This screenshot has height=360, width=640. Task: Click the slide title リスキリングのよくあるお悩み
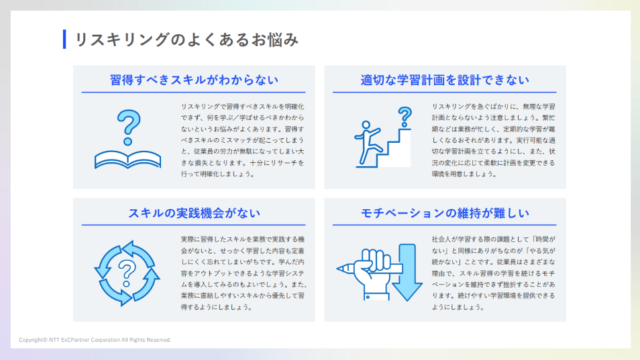click(186, 40)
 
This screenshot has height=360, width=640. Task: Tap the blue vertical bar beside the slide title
click(64, 40)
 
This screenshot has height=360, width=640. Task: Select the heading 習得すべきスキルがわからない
click(194, 80)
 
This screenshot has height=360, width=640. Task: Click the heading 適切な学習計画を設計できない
click(445, 80)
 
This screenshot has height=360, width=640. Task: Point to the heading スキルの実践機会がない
click(194, 213)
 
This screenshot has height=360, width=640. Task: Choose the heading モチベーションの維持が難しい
click(445, 213)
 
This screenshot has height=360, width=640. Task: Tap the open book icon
click(128, 159)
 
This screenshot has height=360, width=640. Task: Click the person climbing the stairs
click(367, 137)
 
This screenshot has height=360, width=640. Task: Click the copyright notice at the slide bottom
click(95, 340)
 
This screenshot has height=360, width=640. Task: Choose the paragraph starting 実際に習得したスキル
click(243, 273)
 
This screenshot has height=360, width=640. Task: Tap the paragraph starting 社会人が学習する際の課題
click(493, 273)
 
